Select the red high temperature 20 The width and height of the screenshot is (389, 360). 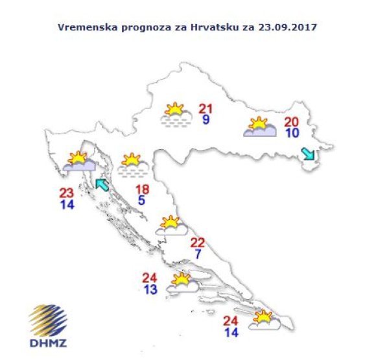[292, 121]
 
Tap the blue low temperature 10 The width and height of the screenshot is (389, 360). [292, 133]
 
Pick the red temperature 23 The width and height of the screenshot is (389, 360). [66, 193]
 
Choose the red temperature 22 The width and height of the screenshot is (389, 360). [197, 243]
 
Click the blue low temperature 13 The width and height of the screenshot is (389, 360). [150, 289]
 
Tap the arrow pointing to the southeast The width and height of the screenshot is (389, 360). [307, 154]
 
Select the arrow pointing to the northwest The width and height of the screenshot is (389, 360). [102, 186]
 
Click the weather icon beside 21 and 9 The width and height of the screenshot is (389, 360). [176, 115]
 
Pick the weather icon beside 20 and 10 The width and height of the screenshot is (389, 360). [259, 127]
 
